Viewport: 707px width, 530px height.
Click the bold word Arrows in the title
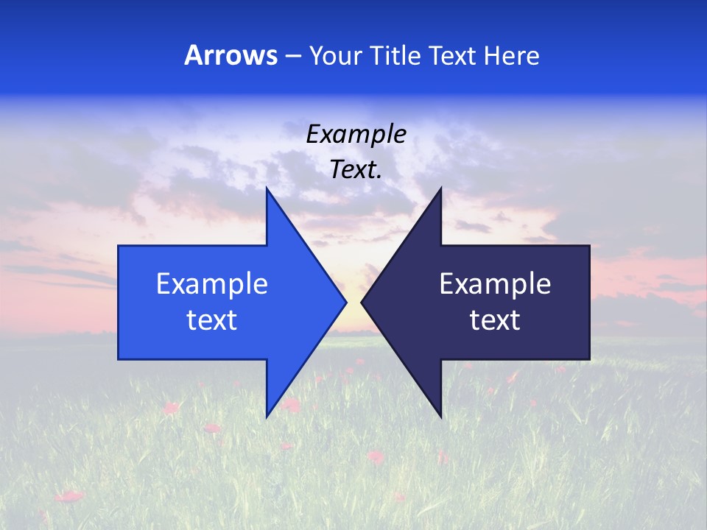(231, 56)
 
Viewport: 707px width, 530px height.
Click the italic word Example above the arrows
(356, 134)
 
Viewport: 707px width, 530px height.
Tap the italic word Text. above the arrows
(356, 170)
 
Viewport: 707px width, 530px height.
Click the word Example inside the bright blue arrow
(212, 284)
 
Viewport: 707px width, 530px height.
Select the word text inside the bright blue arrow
(212, 320)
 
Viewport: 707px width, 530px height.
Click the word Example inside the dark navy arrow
(495, 284)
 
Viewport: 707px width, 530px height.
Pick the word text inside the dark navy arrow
(495, 320)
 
